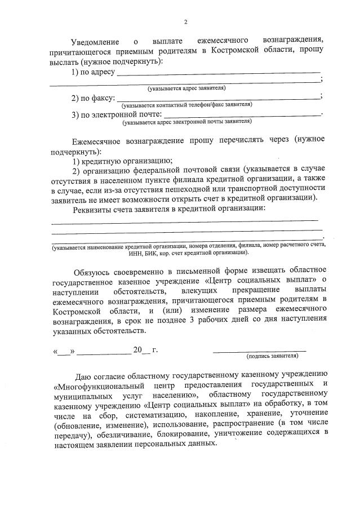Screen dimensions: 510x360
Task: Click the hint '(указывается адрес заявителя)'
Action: [x=186, y=88]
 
